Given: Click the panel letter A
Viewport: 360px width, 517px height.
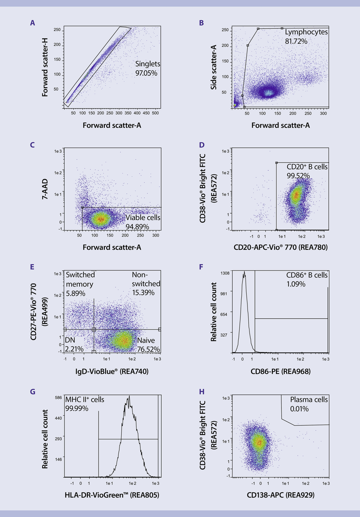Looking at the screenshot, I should click(x=32, y=23).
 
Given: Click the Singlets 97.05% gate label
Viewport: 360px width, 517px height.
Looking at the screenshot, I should click(x=148, y=68).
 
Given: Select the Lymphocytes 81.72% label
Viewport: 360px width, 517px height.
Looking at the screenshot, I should click(x=301, y=36).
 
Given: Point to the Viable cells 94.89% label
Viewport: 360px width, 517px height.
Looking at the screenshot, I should click(x=143, y=221).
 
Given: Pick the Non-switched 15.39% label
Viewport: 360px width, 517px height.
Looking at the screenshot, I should click(x=146, y=284).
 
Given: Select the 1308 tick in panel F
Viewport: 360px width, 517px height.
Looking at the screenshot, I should click(x=225, y=273).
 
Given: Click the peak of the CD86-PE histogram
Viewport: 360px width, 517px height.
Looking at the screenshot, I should click(x=245, y=272).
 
